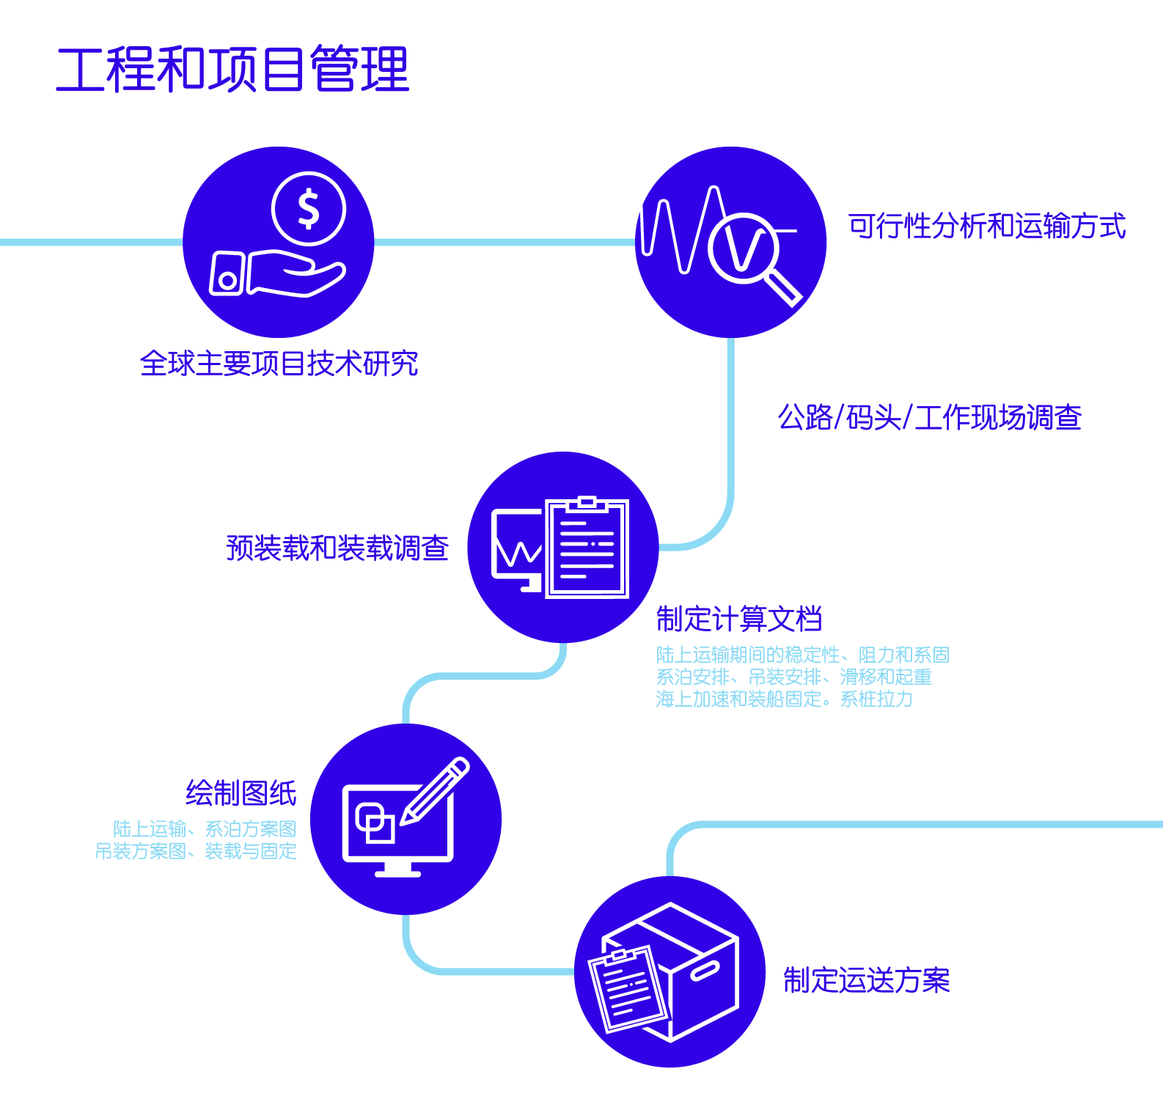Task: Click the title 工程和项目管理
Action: [232, 70]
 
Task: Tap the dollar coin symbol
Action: [309, 209]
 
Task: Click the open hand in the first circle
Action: [296, 273]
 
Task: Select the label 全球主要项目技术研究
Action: [279, 364]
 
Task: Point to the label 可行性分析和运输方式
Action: [987, 226]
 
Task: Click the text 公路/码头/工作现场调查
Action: [930, 417]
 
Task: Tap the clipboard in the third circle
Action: [587, 547]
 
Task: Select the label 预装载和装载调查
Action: [337, 548]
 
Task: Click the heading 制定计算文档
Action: [739, 619]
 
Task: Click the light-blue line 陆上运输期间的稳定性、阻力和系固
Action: [803, 655]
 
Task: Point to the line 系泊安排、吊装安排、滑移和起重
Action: [794, 677]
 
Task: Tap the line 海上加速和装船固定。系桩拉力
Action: [785, 699]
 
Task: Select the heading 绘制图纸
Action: [241, 793]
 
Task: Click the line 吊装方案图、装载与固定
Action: [196, 851]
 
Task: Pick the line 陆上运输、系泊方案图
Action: [205, 829]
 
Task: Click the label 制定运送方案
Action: [867, 980]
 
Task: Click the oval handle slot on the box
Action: [705, 971]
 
